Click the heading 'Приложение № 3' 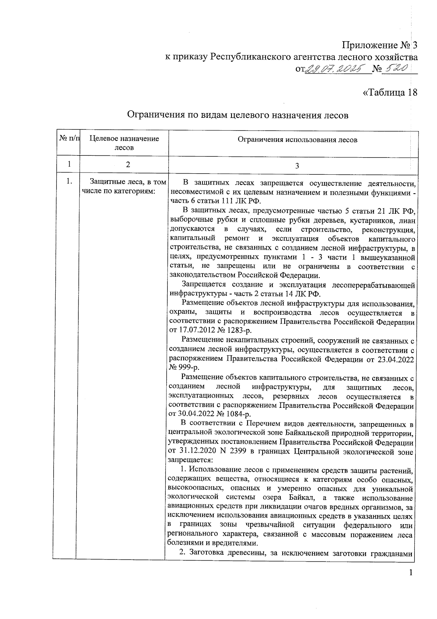379,46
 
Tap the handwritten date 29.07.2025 337,69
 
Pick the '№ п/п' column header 68,139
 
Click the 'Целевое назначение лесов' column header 124,143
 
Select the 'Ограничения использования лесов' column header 297,139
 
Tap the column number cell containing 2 127,164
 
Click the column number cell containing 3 297,166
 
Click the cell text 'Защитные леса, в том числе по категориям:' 124,186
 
